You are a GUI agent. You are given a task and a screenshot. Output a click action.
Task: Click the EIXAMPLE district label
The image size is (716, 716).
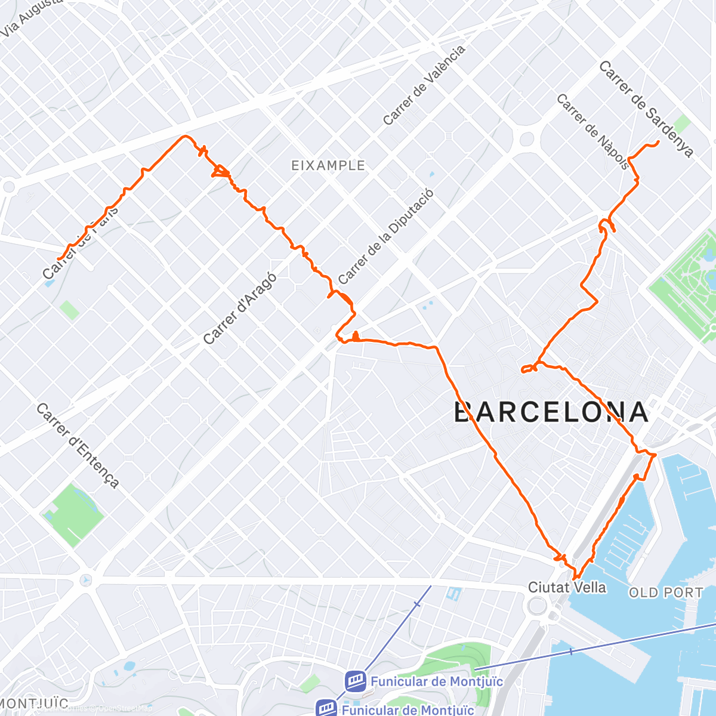click(328, 165)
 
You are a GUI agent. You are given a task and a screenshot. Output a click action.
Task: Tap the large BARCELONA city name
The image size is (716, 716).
click(551, 412)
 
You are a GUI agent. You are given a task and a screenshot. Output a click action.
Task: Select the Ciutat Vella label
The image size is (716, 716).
click(566, 588)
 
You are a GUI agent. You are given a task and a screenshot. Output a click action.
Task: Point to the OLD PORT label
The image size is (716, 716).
click(666, 592)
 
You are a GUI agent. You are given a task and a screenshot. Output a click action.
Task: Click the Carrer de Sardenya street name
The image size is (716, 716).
click(646, 109)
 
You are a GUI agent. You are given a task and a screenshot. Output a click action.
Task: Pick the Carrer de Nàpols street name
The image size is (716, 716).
click(592, 131)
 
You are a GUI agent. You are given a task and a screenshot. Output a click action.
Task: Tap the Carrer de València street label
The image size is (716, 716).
click(424, 85)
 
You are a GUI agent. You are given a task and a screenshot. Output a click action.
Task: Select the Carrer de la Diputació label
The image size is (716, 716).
click(385, 236)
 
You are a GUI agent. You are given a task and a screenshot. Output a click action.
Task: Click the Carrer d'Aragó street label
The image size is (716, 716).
click(239, 308)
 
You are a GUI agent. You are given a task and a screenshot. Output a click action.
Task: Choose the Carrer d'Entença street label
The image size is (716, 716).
click(78, 445)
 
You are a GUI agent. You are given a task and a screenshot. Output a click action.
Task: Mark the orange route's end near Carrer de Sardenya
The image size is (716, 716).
click(658, 141)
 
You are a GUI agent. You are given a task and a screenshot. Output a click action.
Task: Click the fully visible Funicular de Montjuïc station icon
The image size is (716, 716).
click(355, 681)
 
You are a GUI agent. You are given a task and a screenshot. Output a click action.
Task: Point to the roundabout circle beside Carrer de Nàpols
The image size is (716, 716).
click(526, 140)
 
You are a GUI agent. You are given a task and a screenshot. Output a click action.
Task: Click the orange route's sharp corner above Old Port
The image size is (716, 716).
click(654, 455)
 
